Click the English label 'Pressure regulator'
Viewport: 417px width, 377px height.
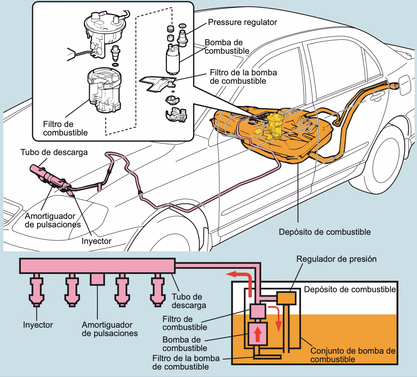click(x=242, y=22)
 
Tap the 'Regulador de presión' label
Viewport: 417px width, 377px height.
click(x=336, y=259)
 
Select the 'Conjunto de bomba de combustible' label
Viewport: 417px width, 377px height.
click(x=352, y=355)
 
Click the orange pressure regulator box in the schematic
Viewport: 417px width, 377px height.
click(x=286, y=297)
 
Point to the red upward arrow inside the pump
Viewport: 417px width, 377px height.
click(x=258, y=334)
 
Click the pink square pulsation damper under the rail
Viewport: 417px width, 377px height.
click(x=97, y=279)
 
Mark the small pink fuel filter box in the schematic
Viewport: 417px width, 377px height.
click(x=258, y=311)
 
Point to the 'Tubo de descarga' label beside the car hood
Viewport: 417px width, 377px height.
click(x=54, y=152)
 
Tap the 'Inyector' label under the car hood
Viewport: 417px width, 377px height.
click(x=96, y=241)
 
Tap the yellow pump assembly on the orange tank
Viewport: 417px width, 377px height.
click(x=275, y=127)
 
